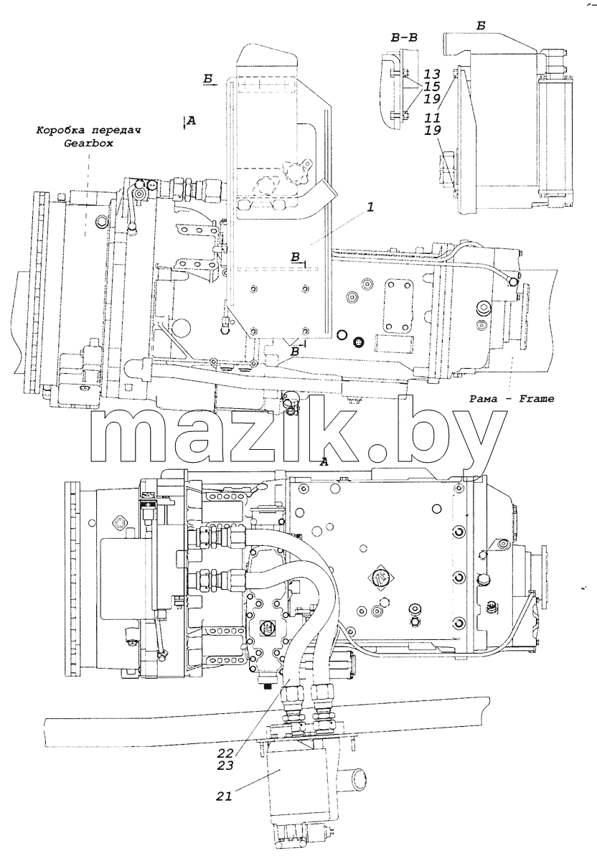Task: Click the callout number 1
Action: point(370,207)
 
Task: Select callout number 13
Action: point(433,74)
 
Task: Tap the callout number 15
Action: point(433,87)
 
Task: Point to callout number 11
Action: point(433,118)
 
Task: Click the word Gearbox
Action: point(88,143)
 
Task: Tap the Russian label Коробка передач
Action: point(88,130)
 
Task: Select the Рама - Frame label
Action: point(512,399)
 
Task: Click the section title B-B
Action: point(404,37)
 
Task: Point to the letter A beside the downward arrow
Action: point(192,121)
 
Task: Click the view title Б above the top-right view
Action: point(481,26)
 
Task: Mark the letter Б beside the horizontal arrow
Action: point(208,79)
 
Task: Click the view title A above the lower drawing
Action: point(324,462)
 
